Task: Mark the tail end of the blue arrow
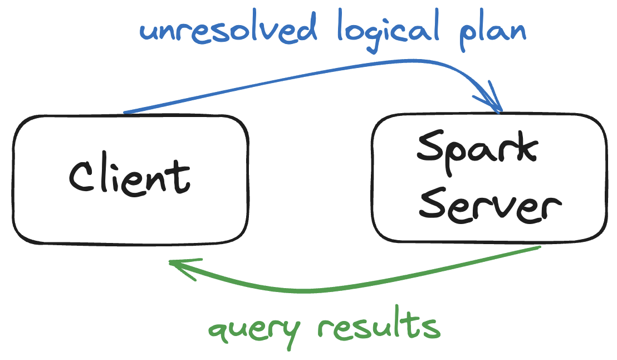pos(125,113)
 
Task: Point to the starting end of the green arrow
pos(539,247)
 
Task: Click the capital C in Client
pos(81,176)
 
